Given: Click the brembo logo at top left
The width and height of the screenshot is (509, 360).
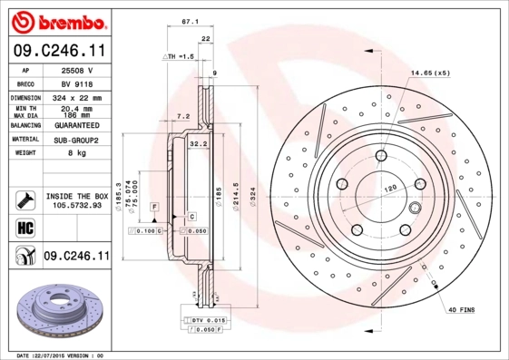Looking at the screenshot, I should [x=57, y=20].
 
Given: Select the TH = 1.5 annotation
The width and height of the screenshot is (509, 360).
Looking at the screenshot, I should [x=180, y=56].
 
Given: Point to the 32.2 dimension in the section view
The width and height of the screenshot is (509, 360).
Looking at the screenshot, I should [x=199, y=143].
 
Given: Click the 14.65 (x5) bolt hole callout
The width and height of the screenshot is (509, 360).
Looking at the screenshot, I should [x=430, y=72].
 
